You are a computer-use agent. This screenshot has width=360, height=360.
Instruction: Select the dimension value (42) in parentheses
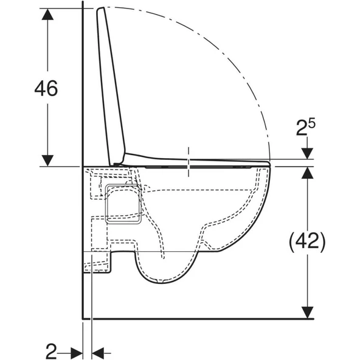pos(307,241)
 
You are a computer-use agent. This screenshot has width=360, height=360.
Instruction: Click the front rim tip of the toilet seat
pos(268,162)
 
